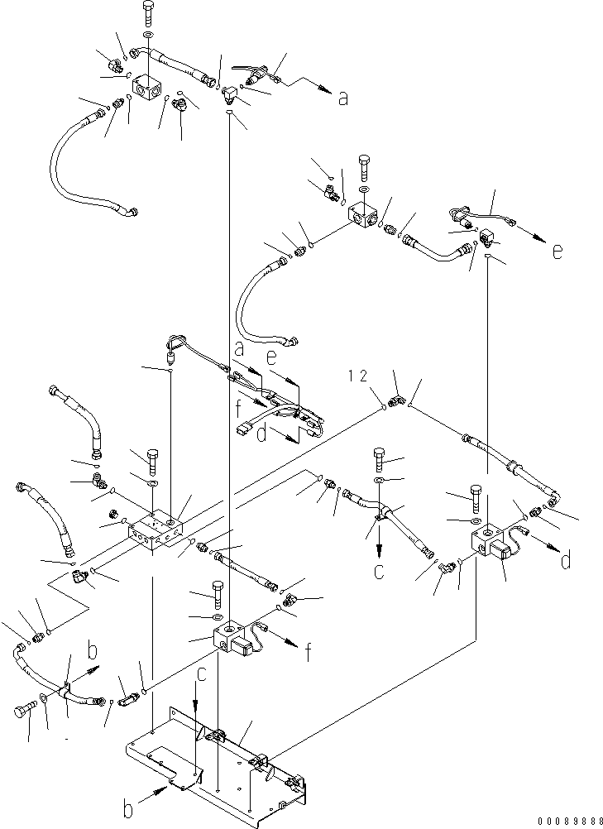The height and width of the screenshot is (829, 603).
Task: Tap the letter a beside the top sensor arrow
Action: click(x=342, y=98)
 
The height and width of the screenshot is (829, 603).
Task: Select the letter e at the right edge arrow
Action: click(x=558, y=251)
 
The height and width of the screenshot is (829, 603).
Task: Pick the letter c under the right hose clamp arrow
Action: click(x=380, y=570)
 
